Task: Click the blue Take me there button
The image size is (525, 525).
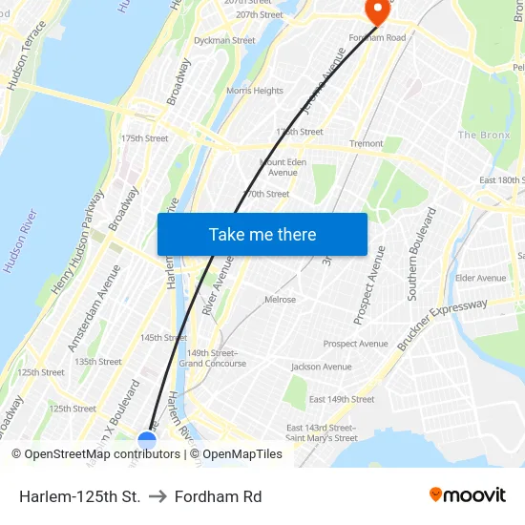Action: pos(262,234)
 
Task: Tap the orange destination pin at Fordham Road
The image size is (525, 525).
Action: pos(377,11)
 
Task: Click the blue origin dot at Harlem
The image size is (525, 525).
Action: pos(147,441)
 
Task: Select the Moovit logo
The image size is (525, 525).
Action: pos(468,494)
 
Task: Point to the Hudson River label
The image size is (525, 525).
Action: pos(20,241)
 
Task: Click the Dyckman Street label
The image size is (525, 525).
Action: pos(224,41)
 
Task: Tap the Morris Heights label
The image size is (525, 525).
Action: pos(255,91)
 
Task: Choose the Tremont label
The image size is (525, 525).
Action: pos(366,144)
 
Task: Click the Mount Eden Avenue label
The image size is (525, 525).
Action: pos(283,167)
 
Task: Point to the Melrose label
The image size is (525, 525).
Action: pos(280,299)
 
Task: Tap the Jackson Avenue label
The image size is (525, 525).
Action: pos(321,367)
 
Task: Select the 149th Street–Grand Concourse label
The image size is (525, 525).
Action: pos(213,358)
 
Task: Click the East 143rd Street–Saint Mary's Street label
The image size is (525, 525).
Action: pos(322,432)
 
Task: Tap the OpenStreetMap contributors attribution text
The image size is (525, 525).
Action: pos(95,454)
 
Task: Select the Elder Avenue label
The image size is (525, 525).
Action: pos(480,278)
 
